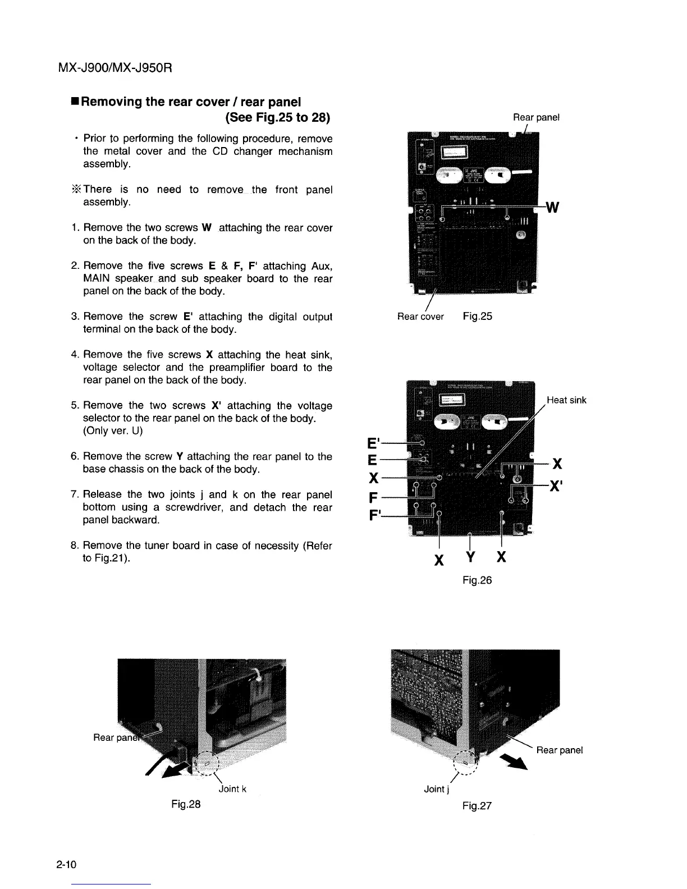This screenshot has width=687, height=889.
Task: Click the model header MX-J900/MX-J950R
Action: (114, 68)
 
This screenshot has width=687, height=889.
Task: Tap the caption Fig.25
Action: (477, 316)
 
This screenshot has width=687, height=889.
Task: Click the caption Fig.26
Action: (477, 580)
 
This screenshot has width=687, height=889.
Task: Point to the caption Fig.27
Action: (477, 806)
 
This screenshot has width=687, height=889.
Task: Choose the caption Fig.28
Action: (186, 804)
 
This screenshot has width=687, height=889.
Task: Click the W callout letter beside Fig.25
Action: (552, 208)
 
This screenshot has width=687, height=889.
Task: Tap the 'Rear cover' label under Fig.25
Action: (420, 317)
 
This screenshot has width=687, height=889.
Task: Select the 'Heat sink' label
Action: (566, 400)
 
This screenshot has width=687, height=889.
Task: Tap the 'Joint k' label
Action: (232, 789)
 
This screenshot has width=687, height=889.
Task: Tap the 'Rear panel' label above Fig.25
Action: (536, 117)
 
